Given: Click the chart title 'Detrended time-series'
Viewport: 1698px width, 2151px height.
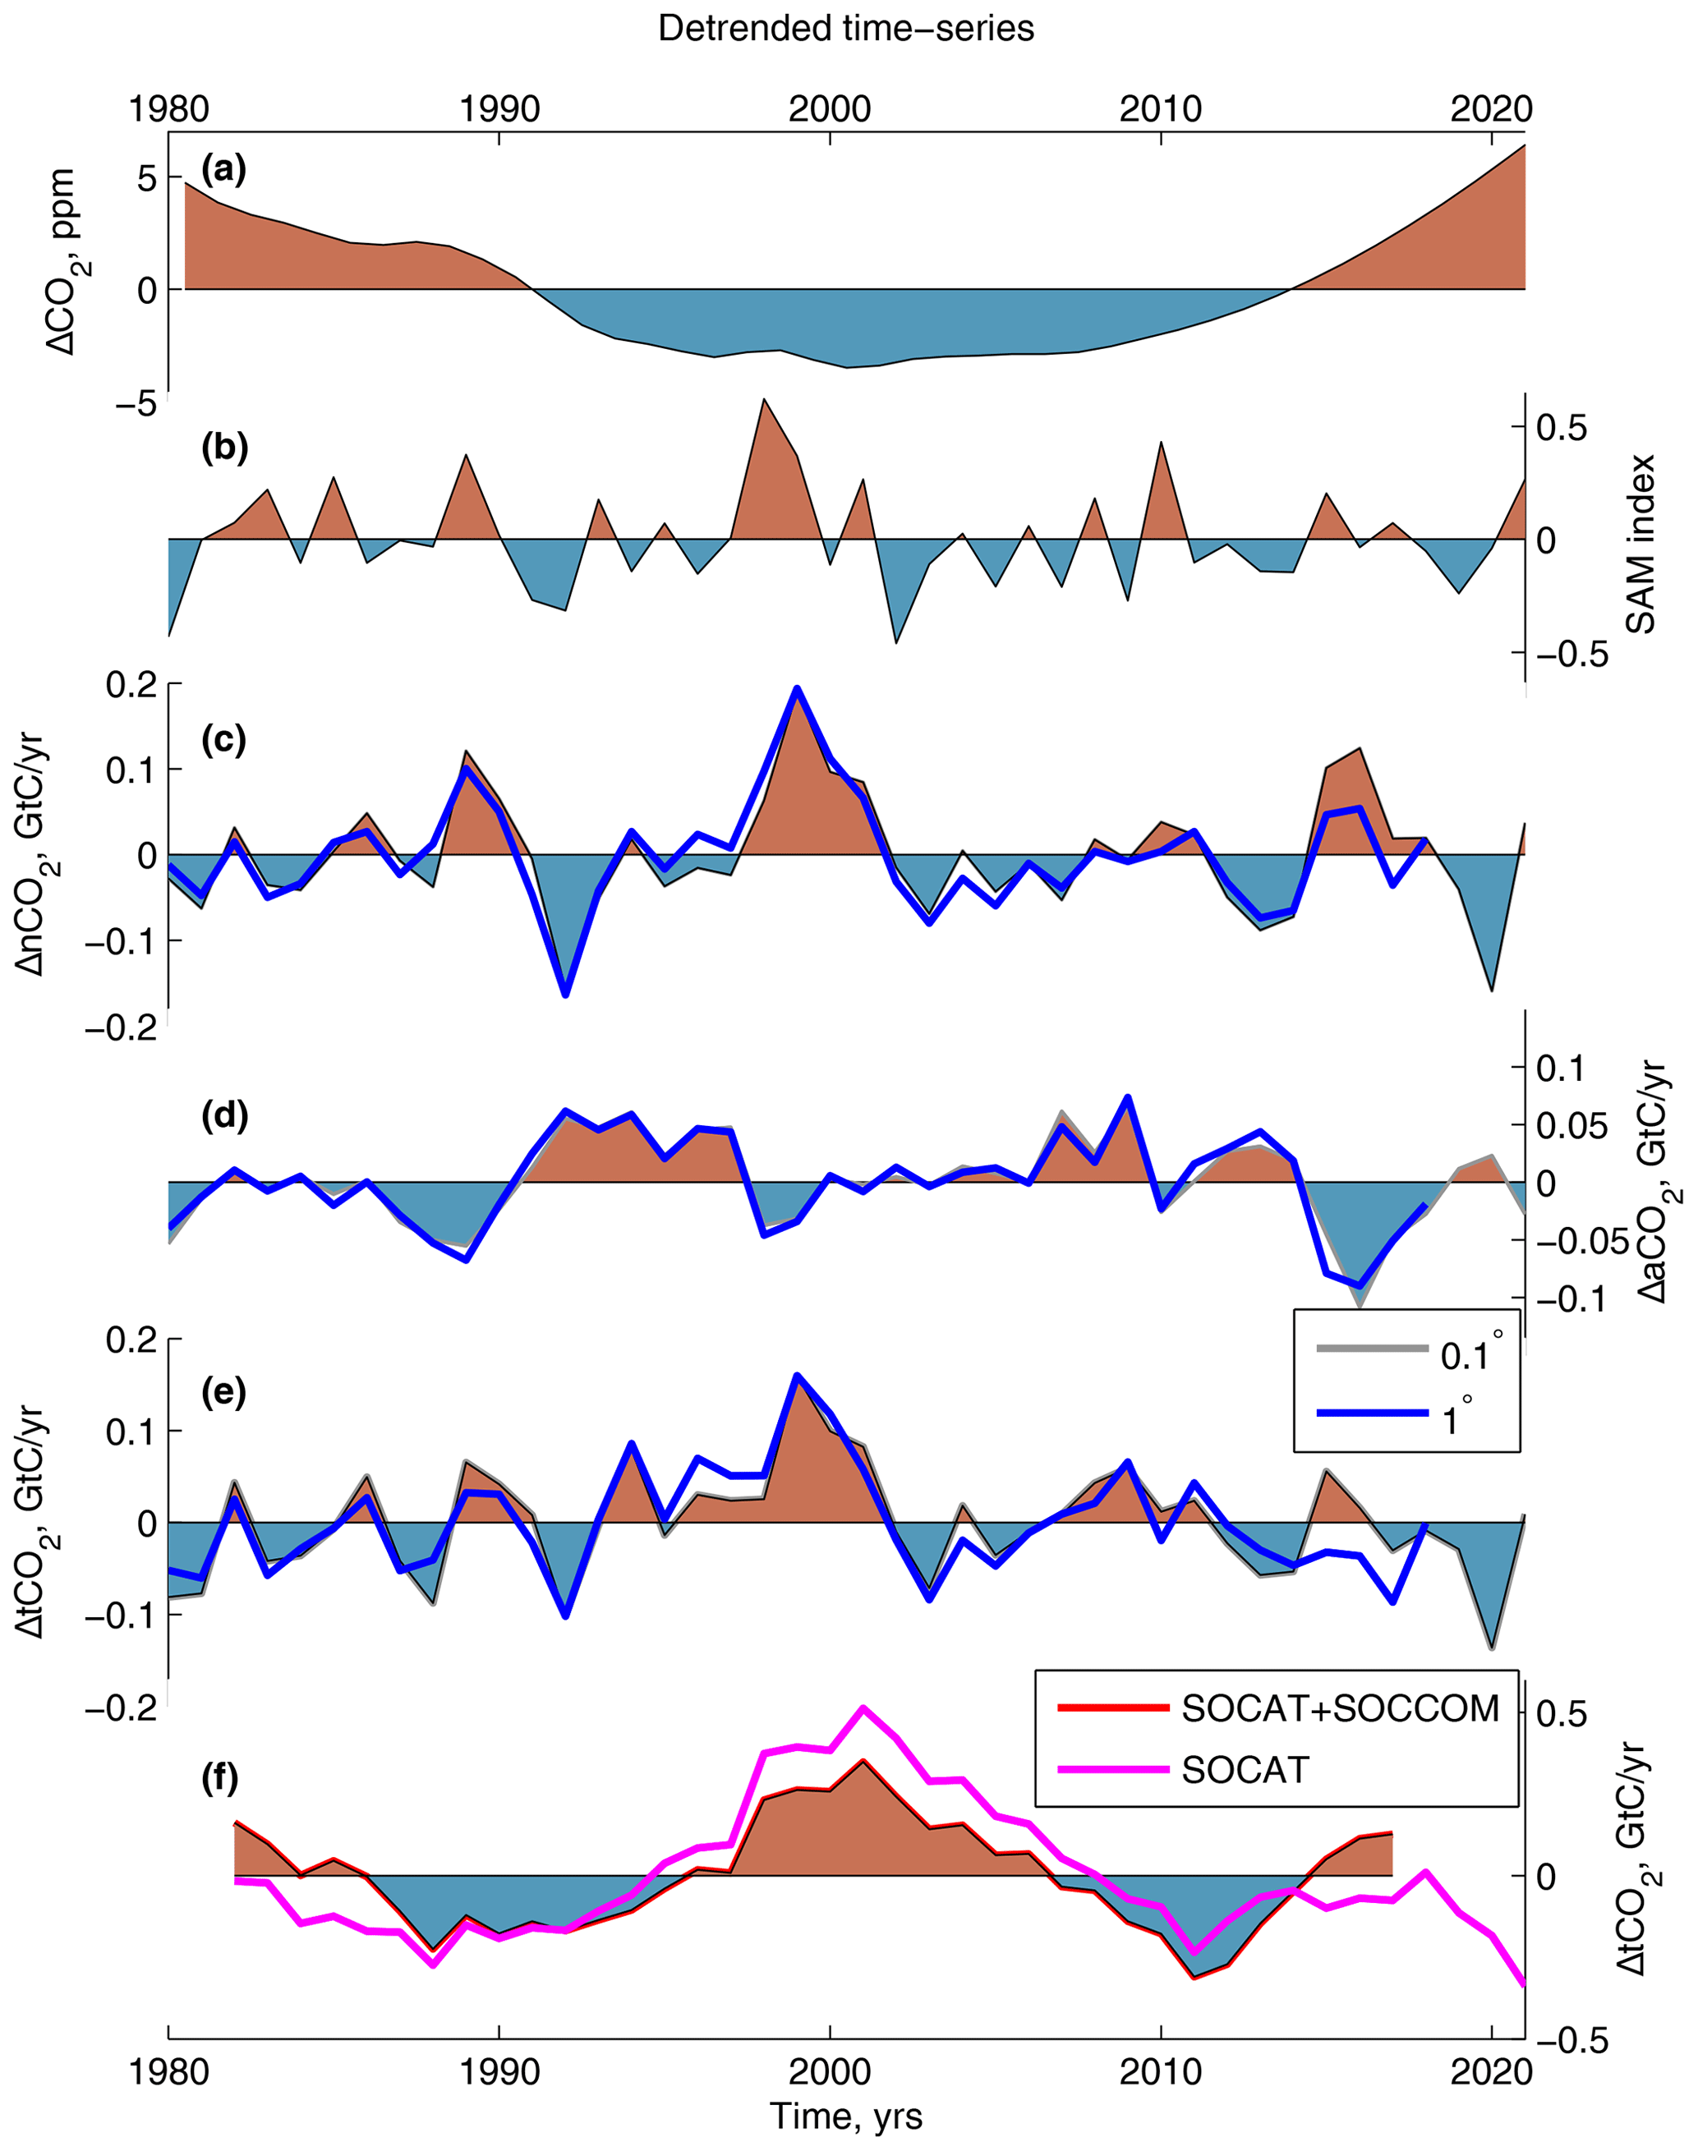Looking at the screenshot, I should point(846,28).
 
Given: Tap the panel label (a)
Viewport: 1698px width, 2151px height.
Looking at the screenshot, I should point(223,169).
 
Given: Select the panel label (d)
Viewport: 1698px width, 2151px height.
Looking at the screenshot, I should point(223,1115).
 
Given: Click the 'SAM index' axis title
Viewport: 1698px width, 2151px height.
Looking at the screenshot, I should point(1640,544).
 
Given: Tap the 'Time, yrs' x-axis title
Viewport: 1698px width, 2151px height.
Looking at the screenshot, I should point(846,2115).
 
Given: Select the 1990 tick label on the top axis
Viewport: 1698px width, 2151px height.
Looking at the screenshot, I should point(499,108).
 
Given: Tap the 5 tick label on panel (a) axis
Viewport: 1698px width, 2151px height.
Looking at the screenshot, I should point(147,179).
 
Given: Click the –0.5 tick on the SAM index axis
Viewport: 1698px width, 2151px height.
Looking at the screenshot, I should point(1571,653).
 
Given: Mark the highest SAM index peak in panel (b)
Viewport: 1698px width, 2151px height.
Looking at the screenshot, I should point(763,400).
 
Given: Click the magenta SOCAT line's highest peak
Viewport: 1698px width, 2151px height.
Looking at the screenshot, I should point(863,1707).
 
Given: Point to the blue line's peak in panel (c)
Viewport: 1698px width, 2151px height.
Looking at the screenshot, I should point(796,687).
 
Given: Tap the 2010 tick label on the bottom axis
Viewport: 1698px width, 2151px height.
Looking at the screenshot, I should point(1160,2072).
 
